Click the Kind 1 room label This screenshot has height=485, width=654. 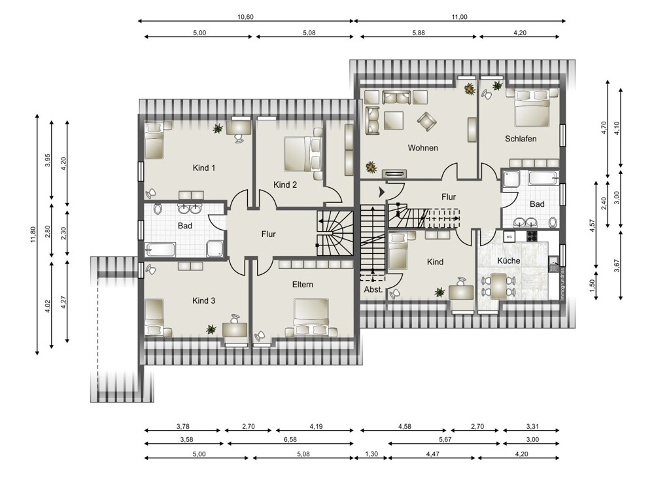[204, 168]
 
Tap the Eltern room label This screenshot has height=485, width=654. [302, 284]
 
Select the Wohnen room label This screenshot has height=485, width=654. [423, 148]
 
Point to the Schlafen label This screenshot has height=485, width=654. [521, 139]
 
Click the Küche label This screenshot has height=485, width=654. [508, 261]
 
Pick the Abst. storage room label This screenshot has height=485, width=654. [373, 289]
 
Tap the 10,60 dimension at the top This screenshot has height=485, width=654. [246, 17]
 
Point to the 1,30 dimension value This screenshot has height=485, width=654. [371, 454]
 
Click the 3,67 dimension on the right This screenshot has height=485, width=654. [617, 266]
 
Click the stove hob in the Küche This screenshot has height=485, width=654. [532, 237]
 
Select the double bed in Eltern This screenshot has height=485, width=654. [311, 317]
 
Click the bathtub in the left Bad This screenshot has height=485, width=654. [160, 251]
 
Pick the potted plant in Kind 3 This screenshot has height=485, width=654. [211, 329]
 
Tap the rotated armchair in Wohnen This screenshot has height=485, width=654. [426, 121]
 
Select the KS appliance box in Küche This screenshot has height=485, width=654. [509, 237]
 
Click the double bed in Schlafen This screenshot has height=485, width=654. [532, 108]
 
